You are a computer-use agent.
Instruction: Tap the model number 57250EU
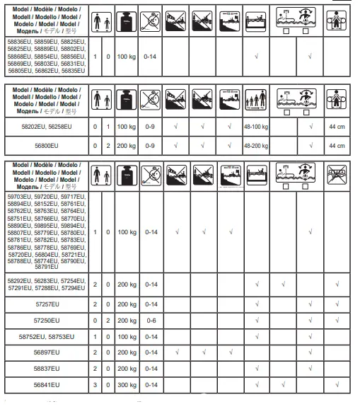click(44, 321)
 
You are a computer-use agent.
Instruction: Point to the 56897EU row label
click(44, 351)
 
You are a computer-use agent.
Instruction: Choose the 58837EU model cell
click(44, 368)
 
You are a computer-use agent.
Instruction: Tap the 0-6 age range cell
click(150, 321)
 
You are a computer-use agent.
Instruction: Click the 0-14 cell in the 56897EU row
click(150, 351)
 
